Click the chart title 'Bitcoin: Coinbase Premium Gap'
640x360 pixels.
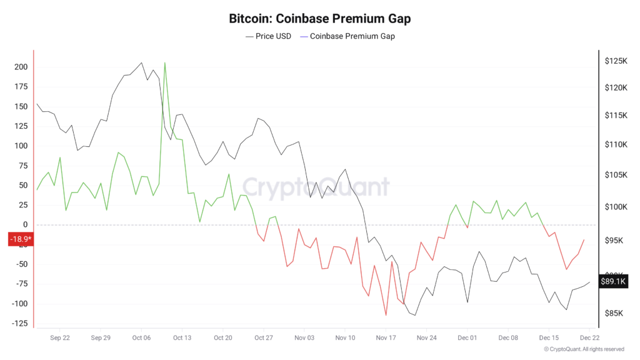tap(320, 19)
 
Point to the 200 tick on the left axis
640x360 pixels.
tap(21, 67)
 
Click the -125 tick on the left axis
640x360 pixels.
tap(19, 323)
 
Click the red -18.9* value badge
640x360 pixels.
tap(19, 239)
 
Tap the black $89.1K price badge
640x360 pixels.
tap(612, 281)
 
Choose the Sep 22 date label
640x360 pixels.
tap(60, 337)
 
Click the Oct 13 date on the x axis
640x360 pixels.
tap(182, 337)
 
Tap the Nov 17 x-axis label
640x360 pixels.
tap(386, 337)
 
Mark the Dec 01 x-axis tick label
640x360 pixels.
tap(467, 337)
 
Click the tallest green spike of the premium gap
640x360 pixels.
tap(165, 63)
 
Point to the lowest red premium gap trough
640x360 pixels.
tap(386, 314)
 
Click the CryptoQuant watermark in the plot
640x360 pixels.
tap(316, 186)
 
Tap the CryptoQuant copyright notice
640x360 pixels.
tap(584, 349)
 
